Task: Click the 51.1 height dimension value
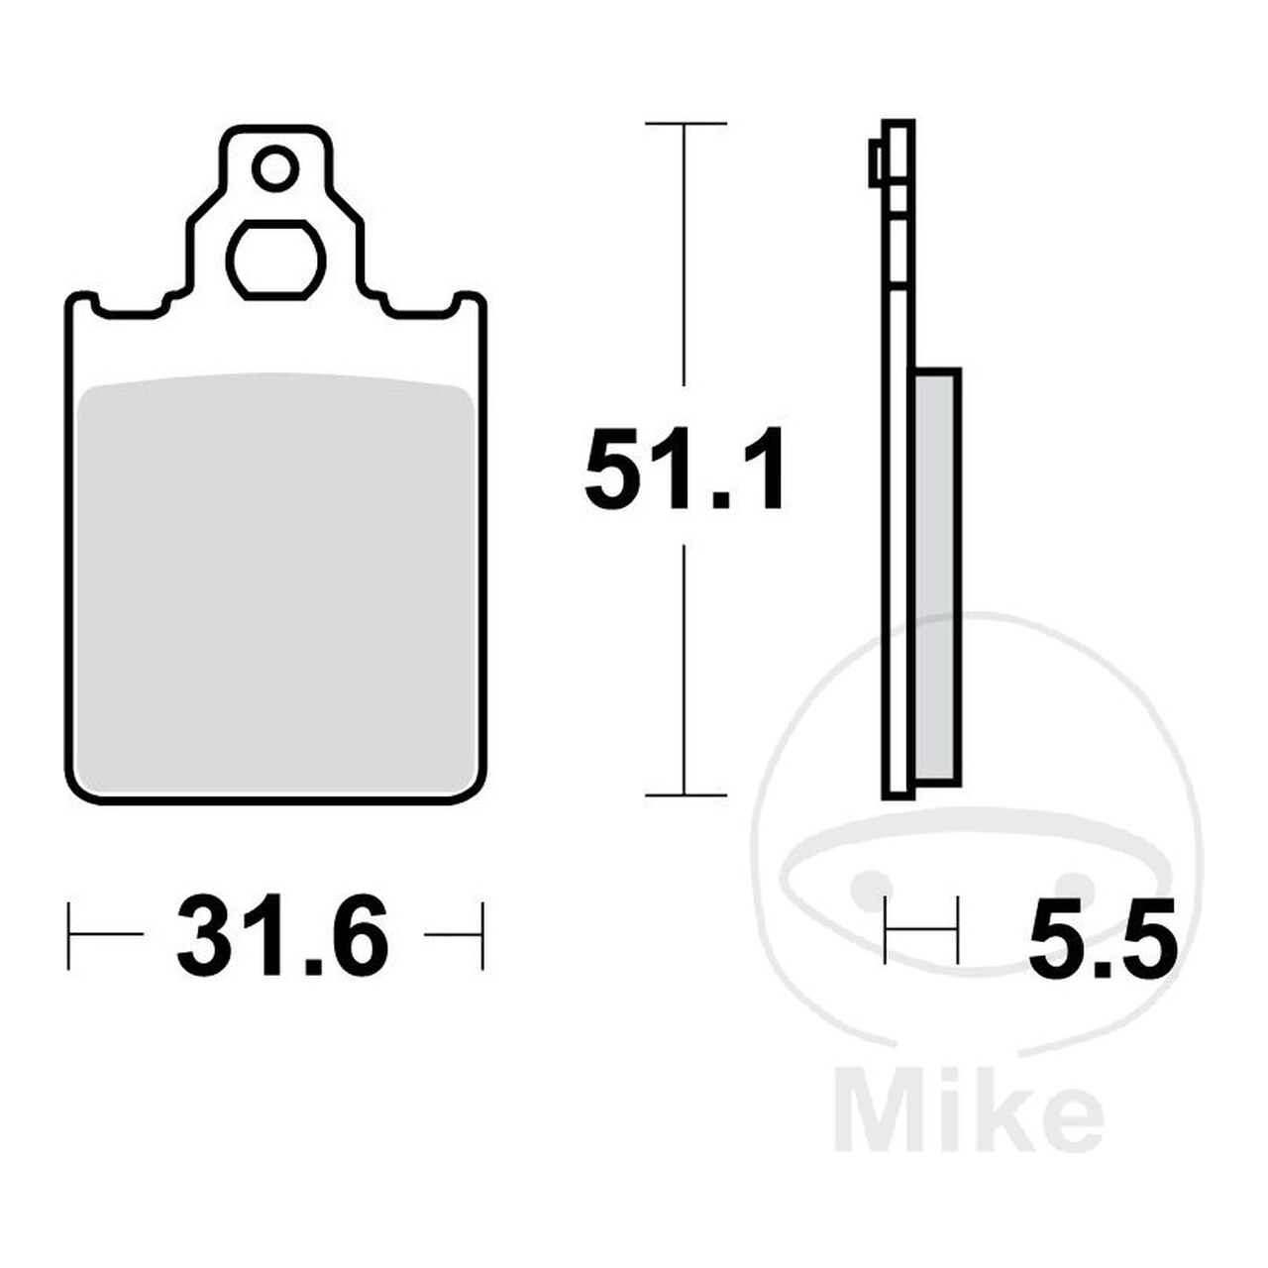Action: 685,469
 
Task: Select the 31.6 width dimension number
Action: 283,935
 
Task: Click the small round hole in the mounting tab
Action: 275,169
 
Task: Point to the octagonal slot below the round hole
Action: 276,261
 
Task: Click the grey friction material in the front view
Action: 276,582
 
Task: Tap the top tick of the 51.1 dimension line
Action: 686,123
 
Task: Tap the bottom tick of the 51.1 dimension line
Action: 686,794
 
